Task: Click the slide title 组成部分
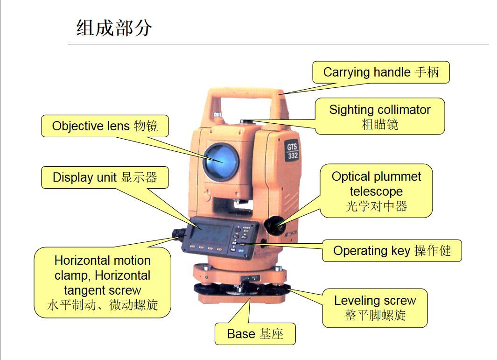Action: [x=114, y=28]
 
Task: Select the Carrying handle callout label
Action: [x=381, y=72]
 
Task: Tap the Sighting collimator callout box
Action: [x=380, y=116]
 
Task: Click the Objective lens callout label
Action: [x=105, y=126]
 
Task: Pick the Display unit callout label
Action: [x=105, y=177]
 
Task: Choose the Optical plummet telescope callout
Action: [x=376, y=191]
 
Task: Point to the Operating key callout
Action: [x=392, y=251]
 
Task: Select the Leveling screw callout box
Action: [x=375, y=308]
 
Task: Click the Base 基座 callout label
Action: [x=255, y=334]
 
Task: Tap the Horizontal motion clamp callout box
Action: [x=102, y=282]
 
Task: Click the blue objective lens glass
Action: [x=221, y=161]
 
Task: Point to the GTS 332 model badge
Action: [x=292, y=151]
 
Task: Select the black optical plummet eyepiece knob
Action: [x=275, y=226]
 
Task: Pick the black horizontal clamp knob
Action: [x=179, y=233]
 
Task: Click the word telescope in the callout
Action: [x=376, y=191]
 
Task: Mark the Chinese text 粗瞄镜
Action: [x=380, y=124]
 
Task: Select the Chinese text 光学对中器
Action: [x=376, y=206]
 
